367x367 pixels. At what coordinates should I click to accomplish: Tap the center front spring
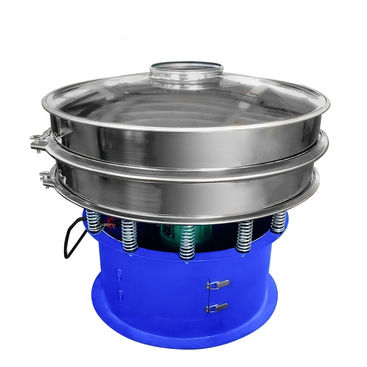point(187,243)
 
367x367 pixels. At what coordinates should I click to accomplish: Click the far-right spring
point(278,222)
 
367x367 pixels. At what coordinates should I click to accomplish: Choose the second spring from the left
point(130,235)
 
